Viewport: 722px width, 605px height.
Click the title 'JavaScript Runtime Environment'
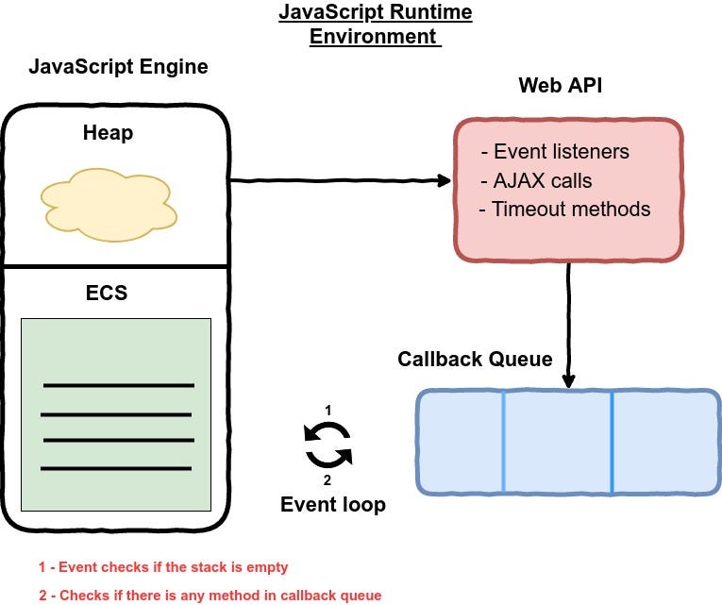(376, 25)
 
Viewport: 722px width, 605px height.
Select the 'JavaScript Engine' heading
(118, 67)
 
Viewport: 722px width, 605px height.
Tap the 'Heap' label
(108, 133)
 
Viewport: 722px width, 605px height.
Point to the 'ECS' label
(107, 293)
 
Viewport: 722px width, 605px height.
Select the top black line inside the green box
(119, 385)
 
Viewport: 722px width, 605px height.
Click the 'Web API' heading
(561, 86)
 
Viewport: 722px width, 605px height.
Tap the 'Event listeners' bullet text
(556, 151)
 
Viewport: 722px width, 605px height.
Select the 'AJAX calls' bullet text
(536, 180)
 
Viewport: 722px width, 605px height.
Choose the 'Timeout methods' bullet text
(565, 210)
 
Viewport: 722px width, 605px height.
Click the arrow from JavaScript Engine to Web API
(340, 179)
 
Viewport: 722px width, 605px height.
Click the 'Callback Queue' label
(474, 359)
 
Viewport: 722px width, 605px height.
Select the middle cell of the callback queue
(557, 442)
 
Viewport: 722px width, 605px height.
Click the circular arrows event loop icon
(327, 445)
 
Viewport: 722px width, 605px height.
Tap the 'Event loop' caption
(332, 505)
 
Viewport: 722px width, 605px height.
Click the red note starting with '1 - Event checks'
(163, 567)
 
